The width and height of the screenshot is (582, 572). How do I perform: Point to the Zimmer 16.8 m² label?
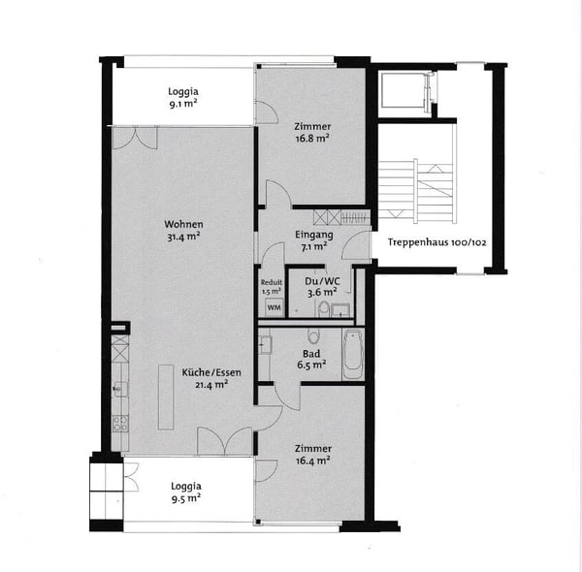click(x=311, y=132)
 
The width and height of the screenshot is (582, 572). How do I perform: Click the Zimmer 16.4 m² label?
click(x=311, y=455)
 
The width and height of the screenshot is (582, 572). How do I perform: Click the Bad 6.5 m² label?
click(x=311, y=360)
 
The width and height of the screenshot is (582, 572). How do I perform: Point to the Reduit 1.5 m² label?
click(x=272, y=286)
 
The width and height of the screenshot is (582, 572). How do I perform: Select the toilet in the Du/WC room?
click(x=322, y=308)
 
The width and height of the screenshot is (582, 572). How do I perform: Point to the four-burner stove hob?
click(x=120, y=424)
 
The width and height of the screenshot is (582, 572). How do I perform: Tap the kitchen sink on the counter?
click(x=119, y=390)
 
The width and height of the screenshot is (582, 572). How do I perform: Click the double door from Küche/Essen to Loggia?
click(x=224, y=441)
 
